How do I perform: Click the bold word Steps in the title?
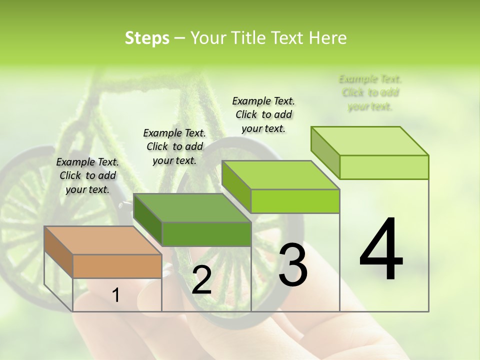coord(147,38)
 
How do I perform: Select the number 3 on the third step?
coord(293,265)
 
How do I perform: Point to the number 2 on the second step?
coord(201,280)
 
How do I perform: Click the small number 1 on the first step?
coord(116,295)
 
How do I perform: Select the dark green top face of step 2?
coord(192,207)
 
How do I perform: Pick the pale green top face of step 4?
coord(370,141)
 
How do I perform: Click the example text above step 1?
coord(87,175)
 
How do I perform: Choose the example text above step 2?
coord(174,146)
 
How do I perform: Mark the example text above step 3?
coord(263,114)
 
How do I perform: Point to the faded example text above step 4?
coord(370,92)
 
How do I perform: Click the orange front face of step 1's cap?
coord(117,266)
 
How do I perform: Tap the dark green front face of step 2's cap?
coord(206,234)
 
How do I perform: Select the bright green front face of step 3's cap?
coord(295,201)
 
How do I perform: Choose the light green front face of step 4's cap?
coord(384,167)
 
